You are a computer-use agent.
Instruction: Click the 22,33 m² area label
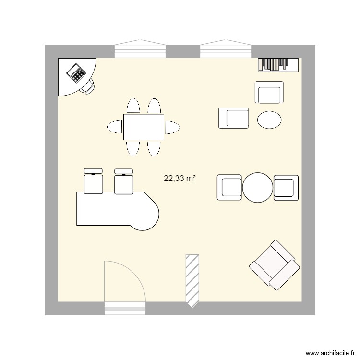(x=180, y=179)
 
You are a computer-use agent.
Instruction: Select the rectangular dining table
(x=144, y=127)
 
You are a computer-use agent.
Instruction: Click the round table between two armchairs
(x=258, y=187)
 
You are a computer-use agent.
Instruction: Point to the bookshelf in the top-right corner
(x=278, y=64)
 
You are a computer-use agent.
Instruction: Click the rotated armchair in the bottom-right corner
(x=274, y=265)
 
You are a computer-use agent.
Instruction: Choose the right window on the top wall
(x=226, y=50)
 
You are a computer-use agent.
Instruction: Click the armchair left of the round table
(x=229, y=187)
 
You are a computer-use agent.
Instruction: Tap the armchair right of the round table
(x=286, y=187)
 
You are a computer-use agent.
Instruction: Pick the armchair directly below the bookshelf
(x=269, y=92)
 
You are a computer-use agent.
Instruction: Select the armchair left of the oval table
(x=234, y=118)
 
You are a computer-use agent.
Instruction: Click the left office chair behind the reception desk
(x=94, y=181)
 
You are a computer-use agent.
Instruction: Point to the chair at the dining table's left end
(x=115, y=127)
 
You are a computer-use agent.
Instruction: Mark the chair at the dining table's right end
(x=173, y=127)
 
